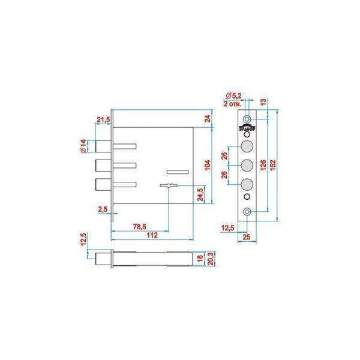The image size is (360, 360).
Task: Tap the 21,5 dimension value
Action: click(103, 120)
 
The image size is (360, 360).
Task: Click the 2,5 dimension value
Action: click(103, 209)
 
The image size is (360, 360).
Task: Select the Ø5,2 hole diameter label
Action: click(234, 97)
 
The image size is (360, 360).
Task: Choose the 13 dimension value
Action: click(264, 103)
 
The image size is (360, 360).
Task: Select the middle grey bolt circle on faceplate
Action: click(247, 166)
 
